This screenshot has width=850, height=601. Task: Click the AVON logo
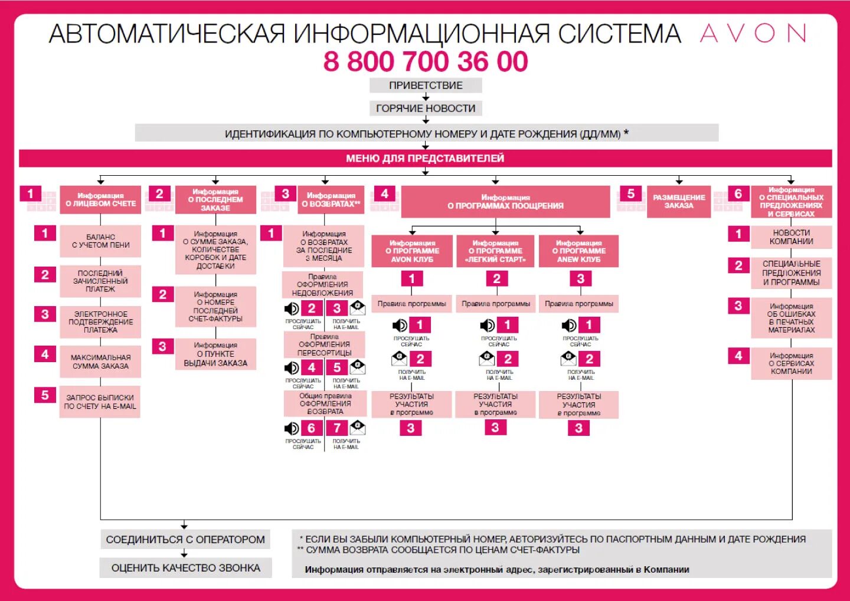[753, 34]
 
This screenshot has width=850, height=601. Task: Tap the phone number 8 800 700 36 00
[425, 61]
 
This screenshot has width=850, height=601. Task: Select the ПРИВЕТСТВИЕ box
[426, 86]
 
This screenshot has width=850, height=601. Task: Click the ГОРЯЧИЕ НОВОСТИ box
[426, 108]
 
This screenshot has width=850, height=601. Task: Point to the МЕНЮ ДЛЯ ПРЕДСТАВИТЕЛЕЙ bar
[425, 158]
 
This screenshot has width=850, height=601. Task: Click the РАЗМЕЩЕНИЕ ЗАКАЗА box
[679, 202]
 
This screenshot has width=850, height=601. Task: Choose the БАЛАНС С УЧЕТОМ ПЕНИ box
[100, 241]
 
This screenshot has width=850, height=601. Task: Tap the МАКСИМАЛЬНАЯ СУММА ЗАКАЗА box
[100, 362]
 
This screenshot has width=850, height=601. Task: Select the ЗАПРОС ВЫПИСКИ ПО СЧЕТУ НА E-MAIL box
[100, 402]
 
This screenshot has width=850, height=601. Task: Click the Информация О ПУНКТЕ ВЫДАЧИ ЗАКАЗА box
[215, 354]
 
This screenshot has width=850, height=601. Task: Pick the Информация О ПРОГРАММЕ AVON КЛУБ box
[412, 251]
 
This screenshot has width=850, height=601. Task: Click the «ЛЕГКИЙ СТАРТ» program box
[495, 251]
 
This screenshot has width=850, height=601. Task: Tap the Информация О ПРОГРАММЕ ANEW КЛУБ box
[578, 251]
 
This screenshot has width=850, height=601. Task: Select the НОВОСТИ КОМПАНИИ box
[791, 237]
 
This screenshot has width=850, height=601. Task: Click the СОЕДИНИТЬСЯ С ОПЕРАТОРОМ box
[185, 540]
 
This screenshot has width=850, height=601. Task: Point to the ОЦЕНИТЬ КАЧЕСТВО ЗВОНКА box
[185, 568]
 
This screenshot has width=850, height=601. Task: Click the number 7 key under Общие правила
[337, 428]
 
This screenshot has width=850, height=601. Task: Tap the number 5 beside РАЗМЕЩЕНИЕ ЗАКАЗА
[630, 194]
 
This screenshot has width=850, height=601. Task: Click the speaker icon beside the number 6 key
[292, 428]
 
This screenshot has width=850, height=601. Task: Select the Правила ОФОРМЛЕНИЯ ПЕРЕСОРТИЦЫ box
[324, 344]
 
